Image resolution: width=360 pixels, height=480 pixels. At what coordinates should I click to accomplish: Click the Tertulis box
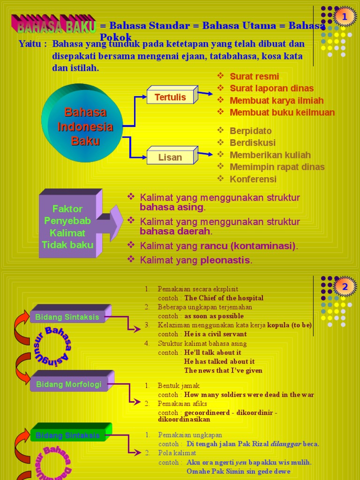point(171,97)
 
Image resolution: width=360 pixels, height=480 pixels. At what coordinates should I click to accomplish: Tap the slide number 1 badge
point(345,17)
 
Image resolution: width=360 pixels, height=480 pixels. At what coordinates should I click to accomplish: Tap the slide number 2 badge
point(345,286)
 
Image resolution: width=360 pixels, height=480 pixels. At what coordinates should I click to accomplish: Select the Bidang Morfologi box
point(68,384)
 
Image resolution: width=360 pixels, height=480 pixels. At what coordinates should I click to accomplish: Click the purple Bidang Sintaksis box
point(67,317)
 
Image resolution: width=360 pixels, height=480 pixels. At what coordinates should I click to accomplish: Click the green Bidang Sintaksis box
point(68,435)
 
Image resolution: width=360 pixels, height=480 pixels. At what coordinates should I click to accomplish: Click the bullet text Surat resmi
point(254,76)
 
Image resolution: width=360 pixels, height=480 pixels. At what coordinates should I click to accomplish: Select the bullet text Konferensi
point(253,179)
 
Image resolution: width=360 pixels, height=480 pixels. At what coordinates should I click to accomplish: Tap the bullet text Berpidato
point(251,131)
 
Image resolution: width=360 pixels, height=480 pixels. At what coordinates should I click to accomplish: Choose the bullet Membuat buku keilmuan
point(282,112)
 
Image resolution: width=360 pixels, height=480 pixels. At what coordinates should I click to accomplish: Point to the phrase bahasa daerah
point(175,231)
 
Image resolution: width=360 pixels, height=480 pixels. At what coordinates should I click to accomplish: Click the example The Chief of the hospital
point(224,298)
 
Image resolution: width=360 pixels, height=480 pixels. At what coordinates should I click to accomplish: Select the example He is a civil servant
point(215,334)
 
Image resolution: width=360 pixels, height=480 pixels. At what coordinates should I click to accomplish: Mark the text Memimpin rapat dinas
point(277,167)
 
